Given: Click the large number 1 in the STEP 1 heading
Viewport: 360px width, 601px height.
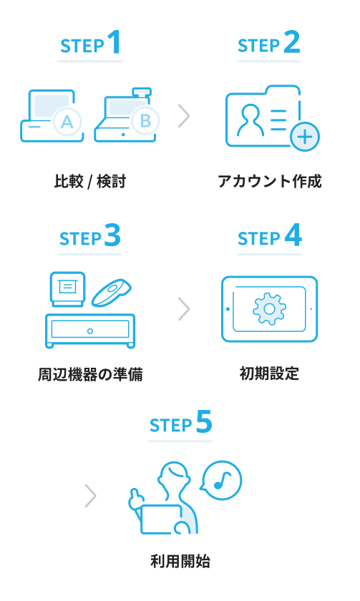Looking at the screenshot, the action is (115, 42).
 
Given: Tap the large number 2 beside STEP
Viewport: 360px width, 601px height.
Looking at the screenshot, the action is (292, 42).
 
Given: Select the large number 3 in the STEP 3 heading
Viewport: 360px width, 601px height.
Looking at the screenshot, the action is (112, 235).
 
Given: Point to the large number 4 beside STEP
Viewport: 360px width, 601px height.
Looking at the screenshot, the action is (293, 235).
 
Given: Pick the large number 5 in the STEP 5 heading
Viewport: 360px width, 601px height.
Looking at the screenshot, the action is (204, 422).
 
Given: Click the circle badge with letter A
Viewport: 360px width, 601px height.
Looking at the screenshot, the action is (67, 122).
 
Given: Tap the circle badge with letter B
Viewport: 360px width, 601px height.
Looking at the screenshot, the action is (145, 121).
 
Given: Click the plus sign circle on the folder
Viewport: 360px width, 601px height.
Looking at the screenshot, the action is (305, 137).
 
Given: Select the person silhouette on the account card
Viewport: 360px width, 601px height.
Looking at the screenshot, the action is (250, 119).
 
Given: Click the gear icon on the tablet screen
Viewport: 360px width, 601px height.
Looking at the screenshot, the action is (269, 309).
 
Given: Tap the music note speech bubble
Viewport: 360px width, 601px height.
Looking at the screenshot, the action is (221, 480).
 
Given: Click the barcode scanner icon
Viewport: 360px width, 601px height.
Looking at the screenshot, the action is (111, 292).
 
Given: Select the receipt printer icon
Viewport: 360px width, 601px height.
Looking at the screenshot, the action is (67, 289).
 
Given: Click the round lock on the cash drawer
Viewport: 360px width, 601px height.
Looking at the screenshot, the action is (89, 331).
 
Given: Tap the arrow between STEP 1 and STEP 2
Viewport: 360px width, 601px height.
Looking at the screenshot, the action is (184, 116).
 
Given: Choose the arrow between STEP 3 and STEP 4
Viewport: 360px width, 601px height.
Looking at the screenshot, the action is (184, 309).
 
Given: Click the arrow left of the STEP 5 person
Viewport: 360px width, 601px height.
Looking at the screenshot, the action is (90, 496).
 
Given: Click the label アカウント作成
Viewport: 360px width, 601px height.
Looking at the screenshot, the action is (270, 181).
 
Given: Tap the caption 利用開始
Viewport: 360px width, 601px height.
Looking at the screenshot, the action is (180, 562).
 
